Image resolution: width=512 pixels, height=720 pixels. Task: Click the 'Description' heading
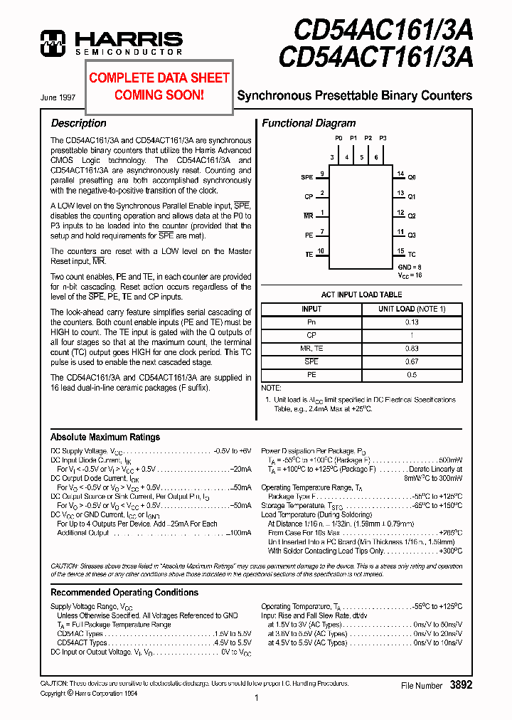(x=78, y=123)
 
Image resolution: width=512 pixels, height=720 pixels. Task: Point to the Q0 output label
(x=412, y=176)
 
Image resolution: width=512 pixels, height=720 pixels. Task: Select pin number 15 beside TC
(x=401, y=251)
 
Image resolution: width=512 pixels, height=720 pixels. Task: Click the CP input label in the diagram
(x=309, y=196)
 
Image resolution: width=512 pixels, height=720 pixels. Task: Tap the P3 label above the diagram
(x=383, y=138)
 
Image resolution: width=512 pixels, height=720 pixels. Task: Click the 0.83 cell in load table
(x=412, y=348)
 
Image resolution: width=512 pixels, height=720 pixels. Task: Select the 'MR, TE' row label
(x=311, y=348)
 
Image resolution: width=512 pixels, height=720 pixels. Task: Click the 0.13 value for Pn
(x=412, y=322)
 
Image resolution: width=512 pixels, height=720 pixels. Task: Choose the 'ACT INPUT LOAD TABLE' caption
(x=361, y=294)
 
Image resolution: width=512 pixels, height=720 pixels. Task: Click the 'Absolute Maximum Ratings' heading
(x=105, y=437)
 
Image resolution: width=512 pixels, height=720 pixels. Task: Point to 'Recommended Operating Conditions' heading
(x=124, y=592)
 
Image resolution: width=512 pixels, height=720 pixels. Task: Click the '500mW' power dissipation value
(x=449, y=460)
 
